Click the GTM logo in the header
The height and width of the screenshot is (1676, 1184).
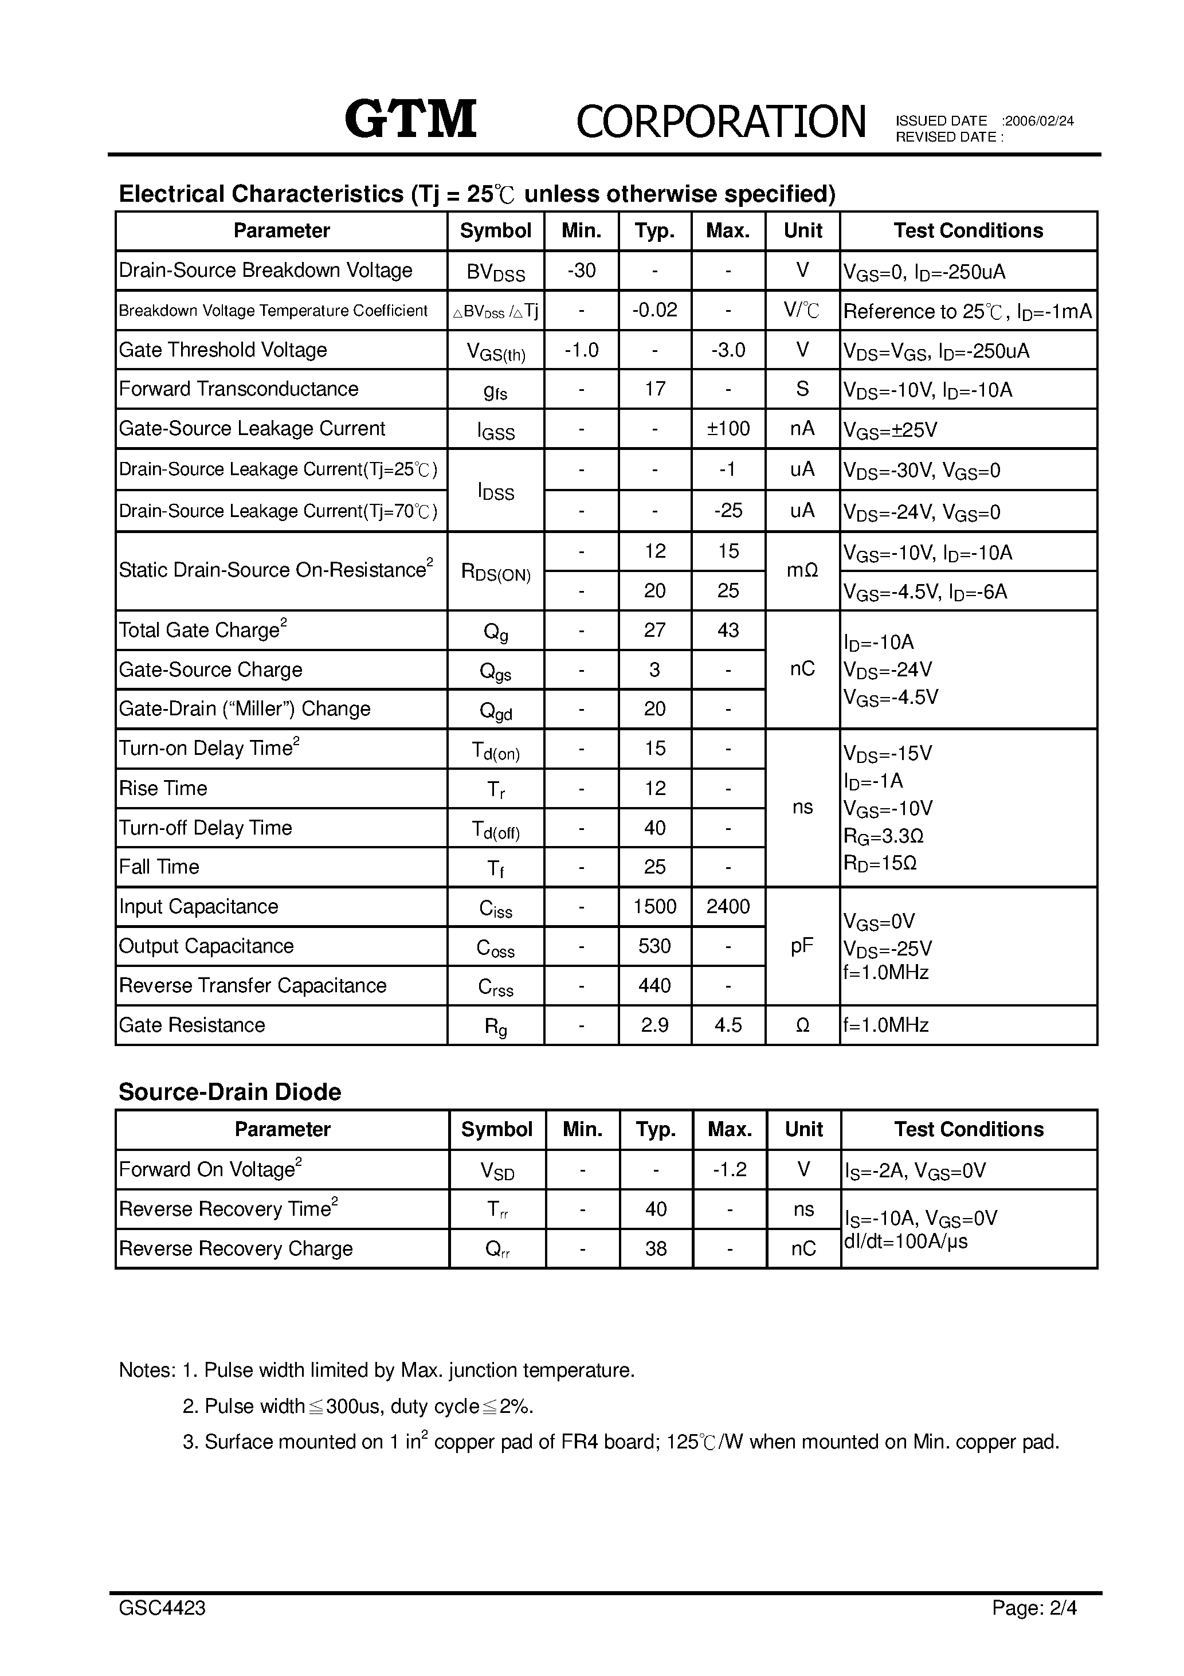point(411,119)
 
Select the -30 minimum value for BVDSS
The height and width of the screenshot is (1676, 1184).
point(581,271)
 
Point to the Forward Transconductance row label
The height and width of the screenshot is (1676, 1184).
point(239,389)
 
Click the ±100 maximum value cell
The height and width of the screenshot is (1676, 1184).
point(728,429)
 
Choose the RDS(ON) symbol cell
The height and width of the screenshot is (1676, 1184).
point(496,571)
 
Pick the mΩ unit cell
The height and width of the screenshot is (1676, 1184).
point(802,571)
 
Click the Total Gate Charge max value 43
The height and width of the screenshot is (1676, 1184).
point(728,630)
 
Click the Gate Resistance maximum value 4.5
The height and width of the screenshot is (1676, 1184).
point(728,1025)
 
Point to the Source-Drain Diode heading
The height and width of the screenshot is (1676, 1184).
point(230,1092)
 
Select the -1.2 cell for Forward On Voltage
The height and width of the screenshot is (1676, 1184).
point(729,1169)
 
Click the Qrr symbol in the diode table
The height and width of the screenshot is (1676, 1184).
point(497,1249)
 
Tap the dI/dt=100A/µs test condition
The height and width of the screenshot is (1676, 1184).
point(905,1242)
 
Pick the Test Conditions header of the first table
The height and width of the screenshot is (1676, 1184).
point(968,230)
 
